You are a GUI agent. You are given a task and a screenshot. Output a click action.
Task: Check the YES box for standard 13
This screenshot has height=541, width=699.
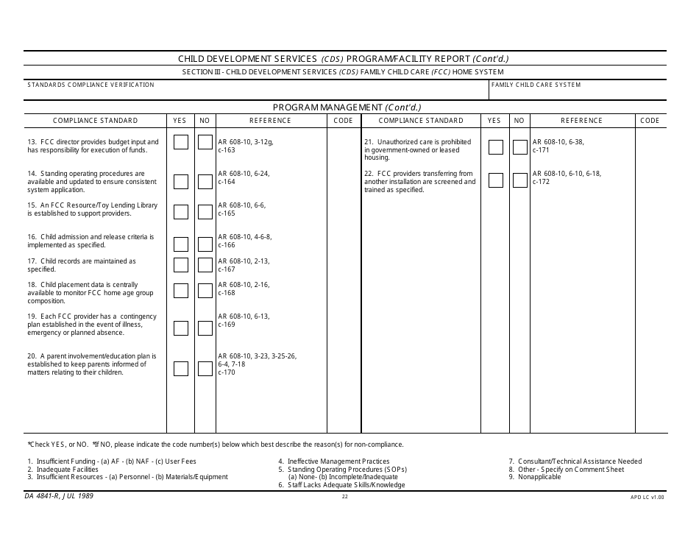click(181, 142)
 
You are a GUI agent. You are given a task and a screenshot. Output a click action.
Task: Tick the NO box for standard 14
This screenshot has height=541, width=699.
click(205, 182)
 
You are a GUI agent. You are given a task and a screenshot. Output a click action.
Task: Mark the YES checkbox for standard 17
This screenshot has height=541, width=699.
click(181, 265)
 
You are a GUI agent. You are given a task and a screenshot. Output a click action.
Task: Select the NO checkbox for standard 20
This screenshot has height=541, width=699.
click(205, 368)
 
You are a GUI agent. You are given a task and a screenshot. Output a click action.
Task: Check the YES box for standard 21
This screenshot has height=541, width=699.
click(496, 146)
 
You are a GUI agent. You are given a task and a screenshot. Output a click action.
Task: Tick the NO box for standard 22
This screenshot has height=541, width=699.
click(520, 181)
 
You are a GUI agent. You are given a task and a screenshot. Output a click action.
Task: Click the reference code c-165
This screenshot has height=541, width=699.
click(227, 213)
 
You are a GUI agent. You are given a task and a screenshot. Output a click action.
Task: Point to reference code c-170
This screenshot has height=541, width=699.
click(227, 372)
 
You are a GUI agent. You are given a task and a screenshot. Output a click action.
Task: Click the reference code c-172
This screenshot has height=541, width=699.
click(541, 182)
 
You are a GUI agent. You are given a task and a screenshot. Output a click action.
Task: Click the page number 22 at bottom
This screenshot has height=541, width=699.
click(344, 497)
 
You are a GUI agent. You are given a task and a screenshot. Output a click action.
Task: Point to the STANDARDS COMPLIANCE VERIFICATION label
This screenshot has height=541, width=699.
click(91, 85)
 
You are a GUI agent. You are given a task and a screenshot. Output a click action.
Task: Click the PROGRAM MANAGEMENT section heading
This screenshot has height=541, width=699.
click(347, 107)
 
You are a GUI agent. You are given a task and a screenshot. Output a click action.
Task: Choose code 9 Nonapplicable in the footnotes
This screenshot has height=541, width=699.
click(535, 477)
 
